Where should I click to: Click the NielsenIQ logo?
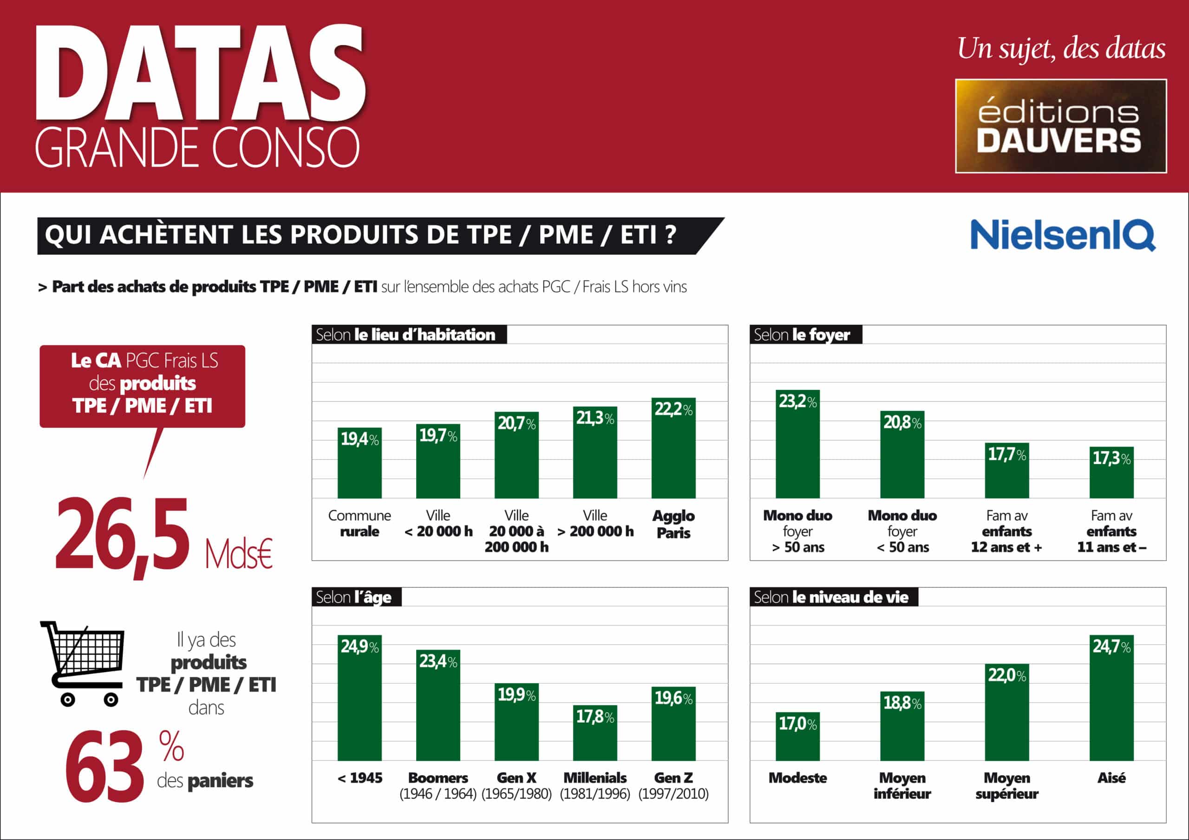1063,235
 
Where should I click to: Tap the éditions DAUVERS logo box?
1060,126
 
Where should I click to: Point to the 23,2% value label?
797,401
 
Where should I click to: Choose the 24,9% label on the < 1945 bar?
359,646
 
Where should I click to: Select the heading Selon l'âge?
354,597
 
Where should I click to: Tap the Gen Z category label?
673,777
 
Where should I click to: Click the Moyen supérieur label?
1007,786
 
